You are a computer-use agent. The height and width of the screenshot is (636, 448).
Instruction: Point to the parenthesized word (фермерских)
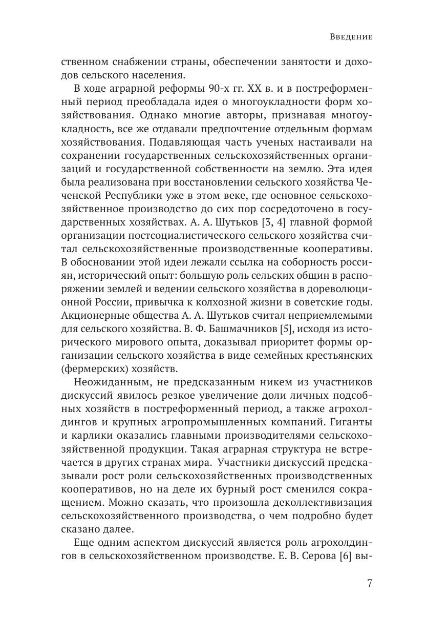pos(92,368)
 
